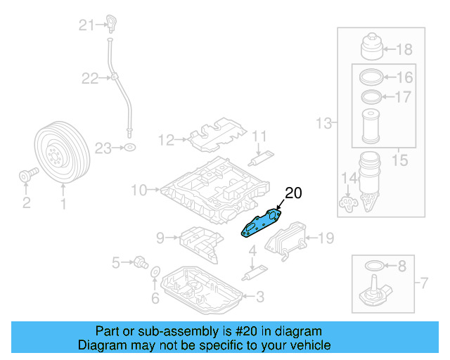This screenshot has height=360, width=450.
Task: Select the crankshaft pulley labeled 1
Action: (58, 153)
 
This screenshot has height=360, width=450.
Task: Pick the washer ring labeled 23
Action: (129, 148)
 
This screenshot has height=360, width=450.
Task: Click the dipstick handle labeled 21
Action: (110, 24)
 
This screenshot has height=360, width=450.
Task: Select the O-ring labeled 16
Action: (371, 77)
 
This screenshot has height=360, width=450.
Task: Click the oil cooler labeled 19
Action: (285, 238)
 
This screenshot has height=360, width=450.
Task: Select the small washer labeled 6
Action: (156, 272)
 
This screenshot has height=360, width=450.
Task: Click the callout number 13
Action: (323, 124)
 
